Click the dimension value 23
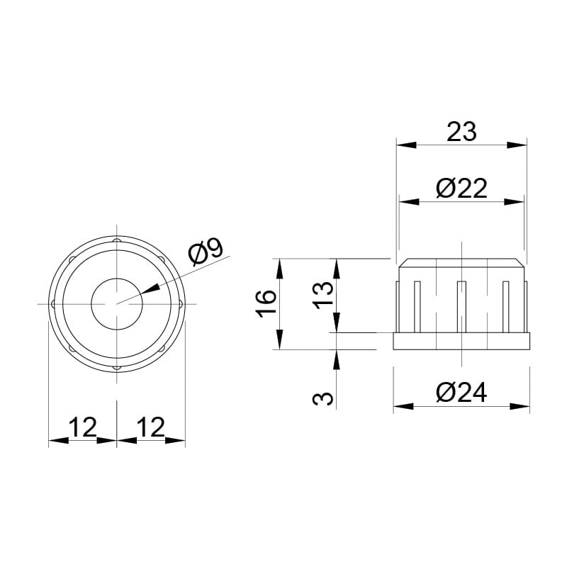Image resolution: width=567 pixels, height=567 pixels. (461, 132)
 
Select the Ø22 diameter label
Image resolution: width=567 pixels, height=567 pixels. (461, 188)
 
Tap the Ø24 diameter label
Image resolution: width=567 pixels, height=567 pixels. (461, 393)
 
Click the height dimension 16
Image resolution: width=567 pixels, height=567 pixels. (266, 304)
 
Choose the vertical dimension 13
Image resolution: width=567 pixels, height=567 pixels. (323, 295)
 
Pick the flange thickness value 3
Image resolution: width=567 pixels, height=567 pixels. (323, 398)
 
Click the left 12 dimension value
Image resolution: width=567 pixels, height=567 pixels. (83, 427)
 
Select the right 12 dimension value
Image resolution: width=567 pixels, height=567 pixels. (151, 427)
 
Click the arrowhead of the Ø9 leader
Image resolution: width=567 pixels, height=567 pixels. (150, 289)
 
